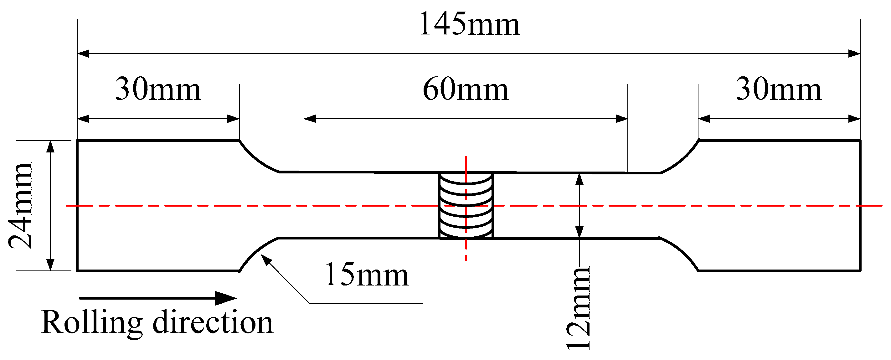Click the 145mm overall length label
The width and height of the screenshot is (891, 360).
click(x=469, y=24)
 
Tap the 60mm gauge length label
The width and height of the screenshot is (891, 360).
click(x=466, y=89)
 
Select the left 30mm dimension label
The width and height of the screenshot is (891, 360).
click(x=158, y=89)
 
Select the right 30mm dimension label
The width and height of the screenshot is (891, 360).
click(x=779, y=89)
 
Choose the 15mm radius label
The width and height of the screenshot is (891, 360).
click(x=367, y=275)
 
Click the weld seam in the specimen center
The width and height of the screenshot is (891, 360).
click(x=466, y=205)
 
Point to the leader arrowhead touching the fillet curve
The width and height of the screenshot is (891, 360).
click(x=265, y=260)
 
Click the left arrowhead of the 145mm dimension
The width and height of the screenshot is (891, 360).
click(x=83, y=54)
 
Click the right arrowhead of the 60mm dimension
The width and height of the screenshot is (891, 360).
click(x=622, y=119)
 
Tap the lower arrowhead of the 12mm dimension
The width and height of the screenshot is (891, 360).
click(x=579, y=232)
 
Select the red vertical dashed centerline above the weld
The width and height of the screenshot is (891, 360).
click(x=466, y=164)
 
